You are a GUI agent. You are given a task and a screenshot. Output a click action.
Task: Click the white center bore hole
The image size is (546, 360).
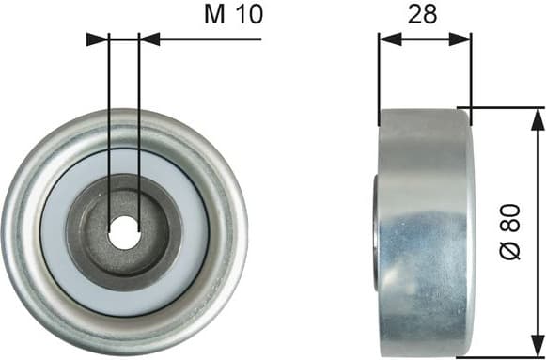(x=123, y=232)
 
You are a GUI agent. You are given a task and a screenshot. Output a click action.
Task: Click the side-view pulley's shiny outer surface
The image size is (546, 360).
(x=428, y=235)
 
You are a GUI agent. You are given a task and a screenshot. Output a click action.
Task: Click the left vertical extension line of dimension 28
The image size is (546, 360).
(x=378, y=75)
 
